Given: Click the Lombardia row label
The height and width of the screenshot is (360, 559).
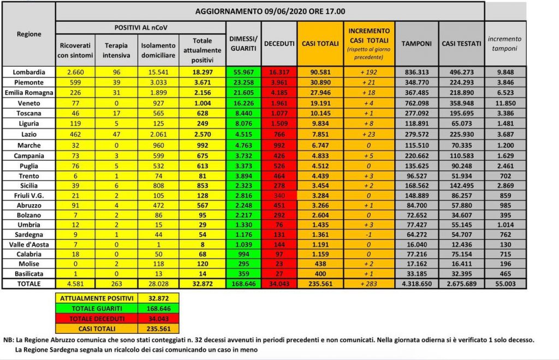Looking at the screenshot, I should click(28, 72).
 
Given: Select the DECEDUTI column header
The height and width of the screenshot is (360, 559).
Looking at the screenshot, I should click(279, 43).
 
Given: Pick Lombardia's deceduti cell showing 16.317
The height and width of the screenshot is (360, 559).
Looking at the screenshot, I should click(279, 72).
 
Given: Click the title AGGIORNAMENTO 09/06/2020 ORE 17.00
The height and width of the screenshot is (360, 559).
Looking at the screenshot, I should click(270, 11).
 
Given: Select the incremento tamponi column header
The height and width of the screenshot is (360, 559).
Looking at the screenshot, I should click(505, 44).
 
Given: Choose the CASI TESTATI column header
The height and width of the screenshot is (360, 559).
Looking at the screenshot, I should click(461, 43).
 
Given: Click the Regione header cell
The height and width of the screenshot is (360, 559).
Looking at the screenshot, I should click(28, 34).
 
